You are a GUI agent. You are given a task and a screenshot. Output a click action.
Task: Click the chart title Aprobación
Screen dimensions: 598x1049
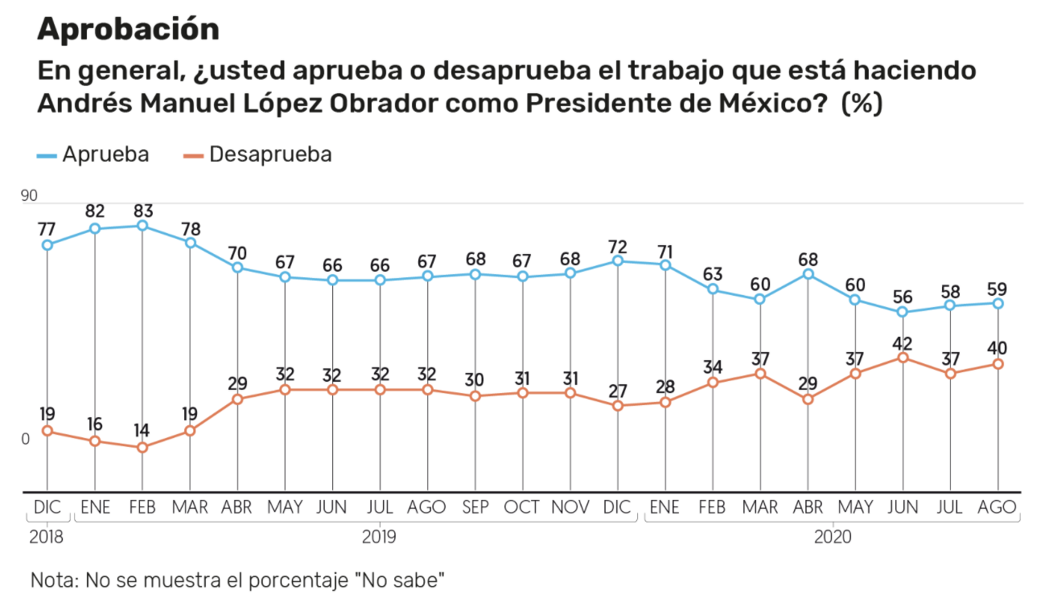pos(128,29)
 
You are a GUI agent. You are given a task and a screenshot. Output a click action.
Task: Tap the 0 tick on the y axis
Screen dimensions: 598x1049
pos(25,439)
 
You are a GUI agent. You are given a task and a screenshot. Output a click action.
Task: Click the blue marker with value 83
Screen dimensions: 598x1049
pos(142,226)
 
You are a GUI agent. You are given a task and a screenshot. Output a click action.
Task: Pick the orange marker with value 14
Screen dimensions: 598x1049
pos(142,447)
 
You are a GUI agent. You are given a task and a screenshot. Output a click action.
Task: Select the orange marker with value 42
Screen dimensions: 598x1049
pos(903,357)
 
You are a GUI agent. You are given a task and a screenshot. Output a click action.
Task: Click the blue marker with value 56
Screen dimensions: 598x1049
pos(903,312)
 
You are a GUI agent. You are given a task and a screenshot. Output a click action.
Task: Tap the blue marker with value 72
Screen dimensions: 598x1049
pos(618,260)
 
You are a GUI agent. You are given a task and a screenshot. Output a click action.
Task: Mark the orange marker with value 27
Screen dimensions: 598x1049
pos(618,406)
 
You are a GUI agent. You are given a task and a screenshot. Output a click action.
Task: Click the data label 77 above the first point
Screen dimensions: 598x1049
pos(47,228)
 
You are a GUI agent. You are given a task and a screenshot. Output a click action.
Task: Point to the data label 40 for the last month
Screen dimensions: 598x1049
pos(998,348)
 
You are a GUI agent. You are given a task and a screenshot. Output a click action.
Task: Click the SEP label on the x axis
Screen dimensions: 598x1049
pos(475,507)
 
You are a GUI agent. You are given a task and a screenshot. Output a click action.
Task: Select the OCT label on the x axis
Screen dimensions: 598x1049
pos(522,507)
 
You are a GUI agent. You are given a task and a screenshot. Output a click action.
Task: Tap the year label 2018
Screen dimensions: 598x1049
pos(47,537)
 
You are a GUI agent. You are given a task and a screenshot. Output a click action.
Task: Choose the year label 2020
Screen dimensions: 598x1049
pos(832,537)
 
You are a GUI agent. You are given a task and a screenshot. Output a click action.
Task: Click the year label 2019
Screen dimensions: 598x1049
pos(379,537)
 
